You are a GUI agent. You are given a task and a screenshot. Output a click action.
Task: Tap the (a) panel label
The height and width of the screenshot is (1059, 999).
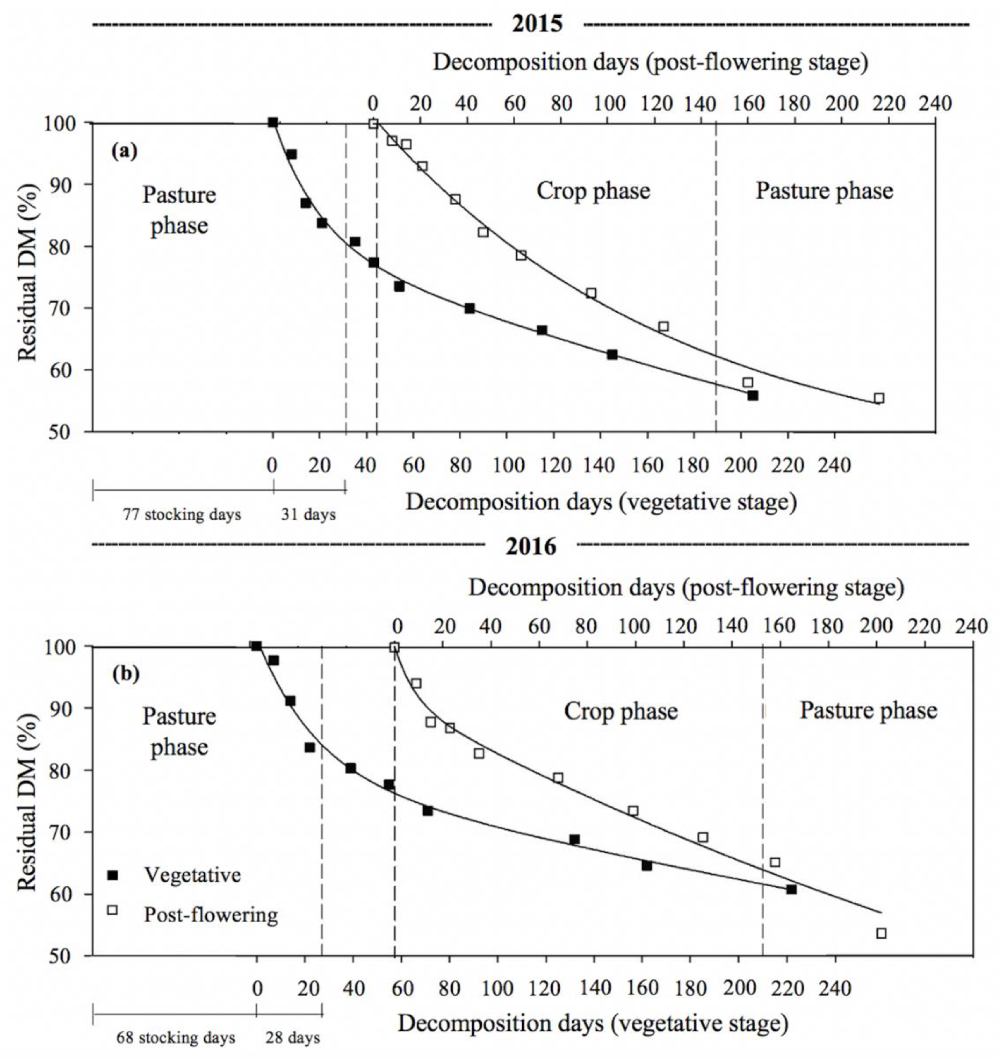tap(124, 152)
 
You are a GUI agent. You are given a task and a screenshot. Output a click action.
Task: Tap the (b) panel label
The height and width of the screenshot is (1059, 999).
tap(126, 674)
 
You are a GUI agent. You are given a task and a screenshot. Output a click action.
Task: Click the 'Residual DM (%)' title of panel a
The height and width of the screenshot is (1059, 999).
tap(28, 273)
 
